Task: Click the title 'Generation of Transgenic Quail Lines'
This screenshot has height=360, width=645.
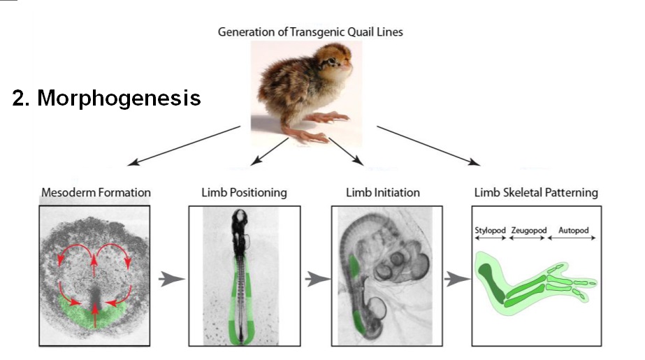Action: (x=310, y=32)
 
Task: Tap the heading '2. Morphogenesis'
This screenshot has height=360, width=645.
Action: (x=106, y=98)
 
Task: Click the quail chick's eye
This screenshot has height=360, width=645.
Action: (x=331, y=62)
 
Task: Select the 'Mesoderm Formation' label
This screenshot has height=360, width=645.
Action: (x=96, y=192)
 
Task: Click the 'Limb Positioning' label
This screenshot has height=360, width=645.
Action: (x=244, y=192)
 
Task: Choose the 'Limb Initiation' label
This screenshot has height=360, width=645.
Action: (x=382, y=192)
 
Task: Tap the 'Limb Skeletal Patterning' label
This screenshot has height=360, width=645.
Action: (x=536, y=192)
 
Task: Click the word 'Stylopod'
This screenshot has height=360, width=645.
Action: (x=490, y=231)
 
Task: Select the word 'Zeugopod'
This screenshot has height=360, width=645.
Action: (x=528, y=231)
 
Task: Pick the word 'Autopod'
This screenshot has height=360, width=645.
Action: (x=574, y=231)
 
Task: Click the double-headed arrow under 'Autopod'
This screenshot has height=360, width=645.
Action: (x=572, y=238)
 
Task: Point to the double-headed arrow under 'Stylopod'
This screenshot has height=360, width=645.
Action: (x=490, y=238)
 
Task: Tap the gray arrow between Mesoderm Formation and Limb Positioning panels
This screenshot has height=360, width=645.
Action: (x=171, y=280)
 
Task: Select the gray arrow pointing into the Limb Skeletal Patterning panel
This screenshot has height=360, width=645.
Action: (x=456, y=280)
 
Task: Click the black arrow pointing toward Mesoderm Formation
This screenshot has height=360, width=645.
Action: (x=184, y=145)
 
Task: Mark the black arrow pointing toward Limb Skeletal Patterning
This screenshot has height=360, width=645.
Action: (x=428, y=145)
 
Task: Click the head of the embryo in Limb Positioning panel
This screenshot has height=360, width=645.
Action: (x=240, y=217)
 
